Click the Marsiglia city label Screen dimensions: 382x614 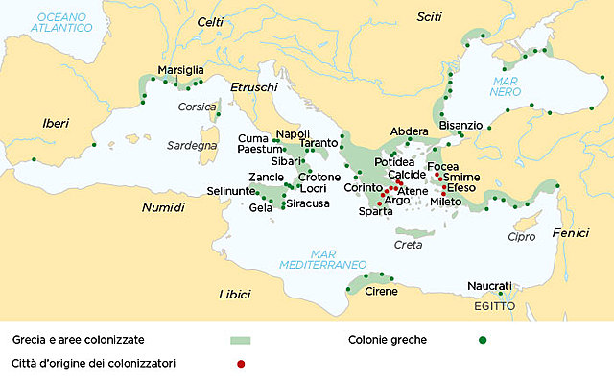click(x=180, y=70)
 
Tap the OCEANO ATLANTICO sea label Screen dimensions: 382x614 click(x=62, y=23)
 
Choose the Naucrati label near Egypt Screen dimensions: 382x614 click(x=489, y=285)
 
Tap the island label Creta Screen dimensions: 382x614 click(x=409, y=245)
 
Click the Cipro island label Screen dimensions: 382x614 click(x=521, y=236)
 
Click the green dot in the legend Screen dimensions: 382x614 click(x=483, y=340)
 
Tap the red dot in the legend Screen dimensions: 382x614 click(x=241, y=364)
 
